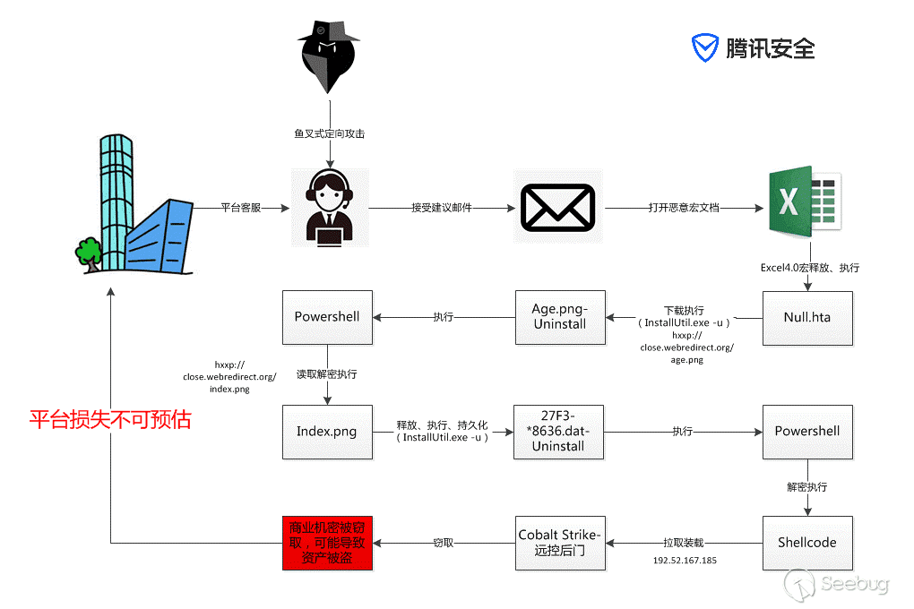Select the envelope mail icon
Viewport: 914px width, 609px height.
pyautogui.click(x=558, y=207)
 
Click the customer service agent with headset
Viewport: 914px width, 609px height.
pyautogui.click(x=329, y=208)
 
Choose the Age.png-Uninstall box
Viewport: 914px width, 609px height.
pyautogui.click(x=560, y=317)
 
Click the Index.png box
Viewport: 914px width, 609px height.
pyautogui.click(x=327, y=432)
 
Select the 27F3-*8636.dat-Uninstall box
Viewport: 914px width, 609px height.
pyautogui.click(x=558, y=432)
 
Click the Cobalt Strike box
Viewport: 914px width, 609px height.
pyautogui.click(x=560, y=543)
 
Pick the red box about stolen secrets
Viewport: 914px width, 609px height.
pyautogui.click(x=326, y=543)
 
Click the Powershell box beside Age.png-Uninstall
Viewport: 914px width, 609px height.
pyautogui.click(x=327, y=317)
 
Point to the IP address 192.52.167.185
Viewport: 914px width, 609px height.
pyautogui.click(x=685, y=560)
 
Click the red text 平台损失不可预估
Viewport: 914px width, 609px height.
pyautogui.click(x=110, y=419)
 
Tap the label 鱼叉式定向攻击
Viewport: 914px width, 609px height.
pyautogui.click(x=329, y=133)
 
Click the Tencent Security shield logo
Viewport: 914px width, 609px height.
pyautogui.click(x=706, y=47)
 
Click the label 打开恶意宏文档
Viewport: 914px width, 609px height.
pyautogui.click(x=684, y=208)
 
